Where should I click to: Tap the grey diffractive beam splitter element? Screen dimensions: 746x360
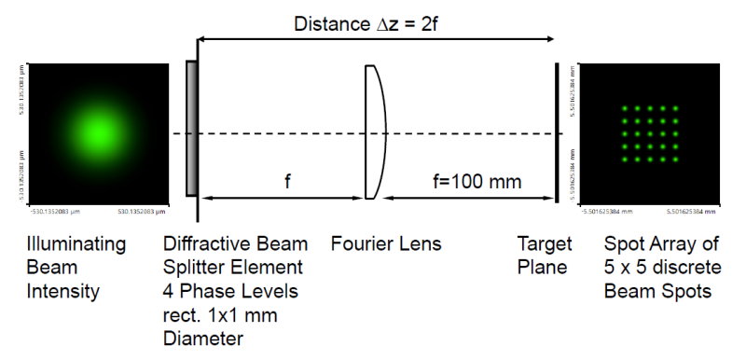pyautogui.click(x=191, y=129)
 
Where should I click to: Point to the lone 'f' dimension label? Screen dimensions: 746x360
pyautogui.click(x=287, y=182)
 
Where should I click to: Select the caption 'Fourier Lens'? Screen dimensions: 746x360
pyautogui.click(x=386, y=244)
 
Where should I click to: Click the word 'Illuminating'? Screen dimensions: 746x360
pyautogui.click(x=76, y=244)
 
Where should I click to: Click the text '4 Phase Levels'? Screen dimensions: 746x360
pyautogui.click(x=230, y=291)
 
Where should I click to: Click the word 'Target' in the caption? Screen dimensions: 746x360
pyautogui.click(x=545, y=244)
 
